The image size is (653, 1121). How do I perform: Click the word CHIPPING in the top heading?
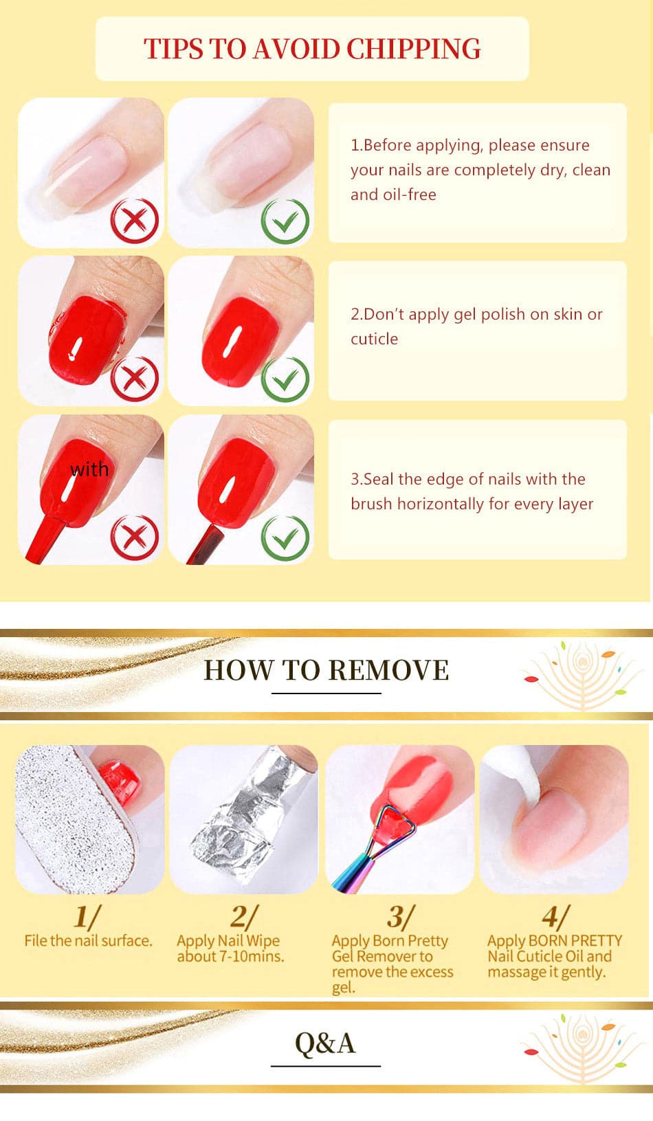pos(413,49)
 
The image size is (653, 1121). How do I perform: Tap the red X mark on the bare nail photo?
pos(135,220)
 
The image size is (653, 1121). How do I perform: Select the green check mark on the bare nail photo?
pos(285,221)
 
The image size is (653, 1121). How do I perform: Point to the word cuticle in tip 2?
pos(375,339)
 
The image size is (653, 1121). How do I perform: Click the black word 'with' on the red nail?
pos(89,469)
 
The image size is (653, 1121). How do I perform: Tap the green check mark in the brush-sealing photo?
pos(285,538)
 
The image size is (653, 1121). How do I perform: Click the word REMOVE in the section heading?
pos(388,670)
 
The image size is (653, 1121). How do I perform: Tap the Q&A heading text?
pos(325,1043)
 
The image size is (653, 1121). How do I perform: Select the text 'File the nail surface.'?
pos(88,941)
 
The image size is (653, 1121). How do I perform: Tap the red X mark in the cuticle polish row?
pos(135,379)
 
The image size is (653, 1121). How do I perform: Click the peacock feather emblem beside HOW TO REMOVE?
pos(582,676)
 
